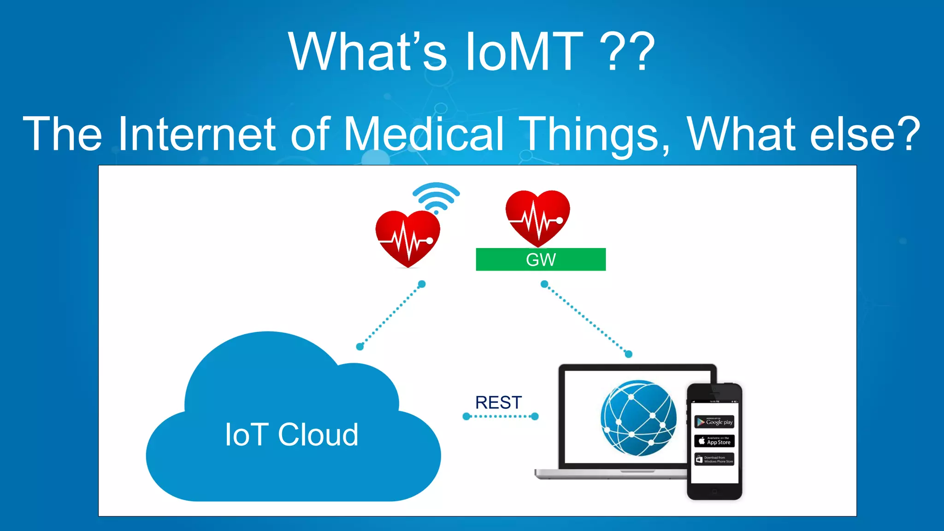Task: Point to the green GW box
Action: click(x=541, y=260)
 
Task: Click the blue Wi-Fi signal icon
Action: click(x=436, y=197)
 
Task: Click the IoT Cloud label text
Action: click(x=291, y=435)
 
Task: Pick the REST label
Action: click(x=498, y=402)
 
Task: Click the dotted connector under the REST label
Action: click(x=501, y=417)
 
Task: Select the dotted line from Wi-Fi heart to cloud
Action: click(x=391, y=315)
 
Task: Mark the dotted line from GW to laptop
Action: click(x=586, y=319)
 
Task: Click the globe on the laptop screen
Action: click(x=638, y=418)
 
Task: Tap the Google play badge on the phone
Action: click(x=714, y=422)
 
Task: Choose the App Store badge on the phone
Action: click(x=714, y=441)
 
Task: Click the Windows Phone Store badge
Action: click(x=714, y=460)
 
